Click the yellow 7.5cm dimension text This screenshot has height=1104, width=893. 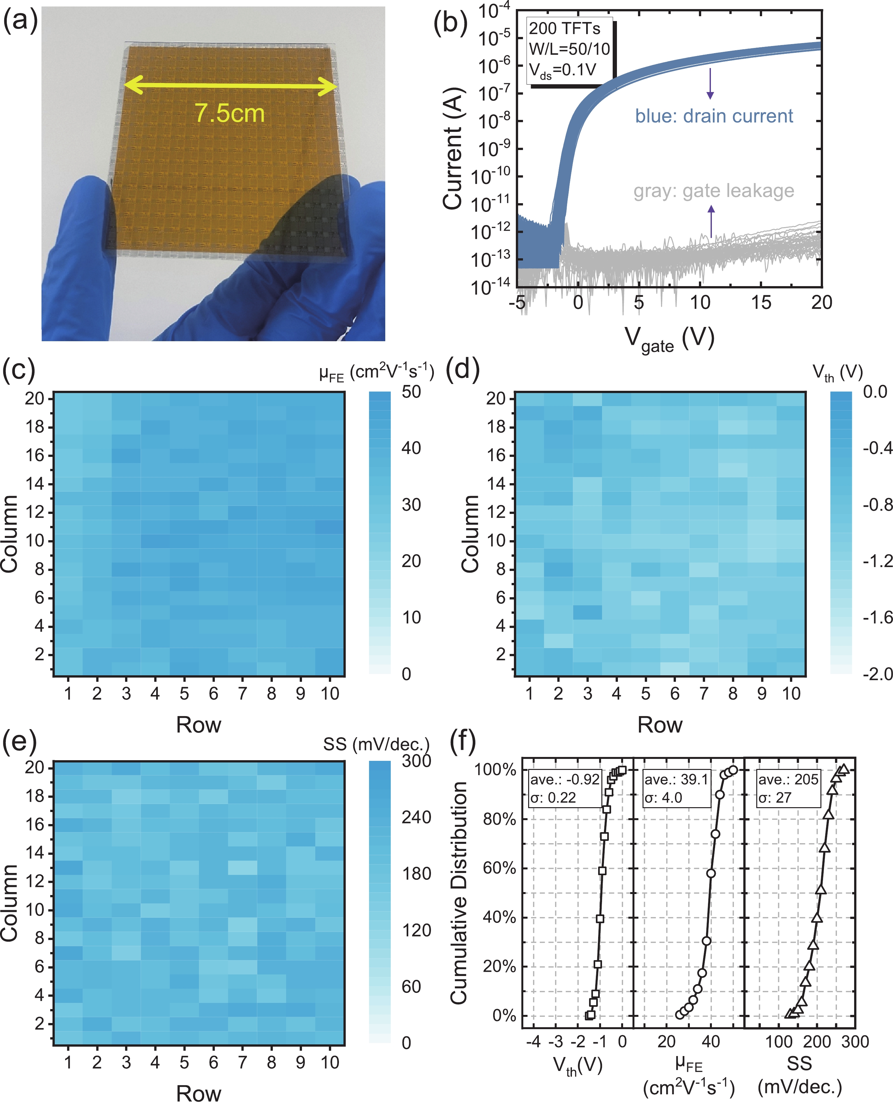pos(229,113)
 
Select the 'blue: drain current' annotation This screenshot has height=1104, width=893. pos(714,116)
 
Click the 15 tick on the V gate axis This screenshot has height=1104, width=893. pos(761,303)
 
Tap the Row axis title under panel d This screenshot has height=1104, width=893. pos(660,725)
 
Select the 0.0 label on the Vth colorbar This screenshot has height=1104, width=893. pos(875,392)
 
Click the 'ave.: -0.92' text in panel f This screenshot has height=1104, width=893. pos(565,779)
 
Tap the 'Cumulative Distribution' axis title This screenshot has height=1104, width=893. pos(459,892)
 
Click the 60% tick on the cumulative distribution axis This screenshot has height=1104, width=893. pos(499,868)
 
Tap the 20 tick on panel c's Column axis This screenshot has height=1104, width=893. pos(35,399)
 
